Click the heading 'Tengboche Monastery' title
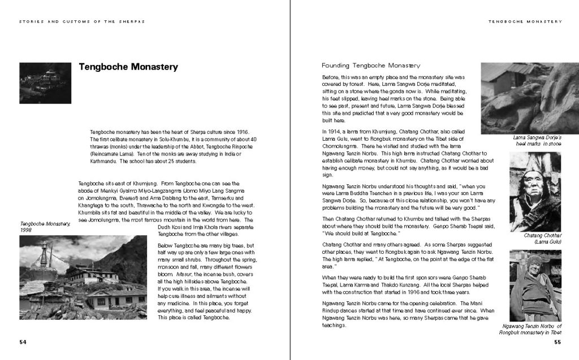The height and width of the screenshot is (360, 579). click(128, 67)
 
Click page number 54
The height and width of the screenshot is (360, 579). click(23, 342)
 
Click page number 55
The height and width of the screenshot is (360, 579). click(557, 342)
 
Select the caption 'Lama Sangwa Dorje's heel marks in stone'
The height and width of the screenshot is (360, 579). click(537, 141)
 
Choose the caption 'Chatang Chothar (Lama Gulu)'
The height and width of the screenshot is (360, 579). click(541, 238)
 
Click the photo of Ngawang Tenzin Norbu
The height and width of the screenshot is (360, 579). click(535, 285)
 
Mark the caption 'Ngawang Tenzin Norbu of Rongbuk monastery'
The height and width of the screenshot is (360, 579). click(532, 329)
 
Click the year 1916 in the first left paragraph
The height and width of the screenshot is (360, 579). click(243, 132)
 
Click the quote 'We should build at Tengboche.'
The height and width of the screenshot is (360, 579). click(361, 233)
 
